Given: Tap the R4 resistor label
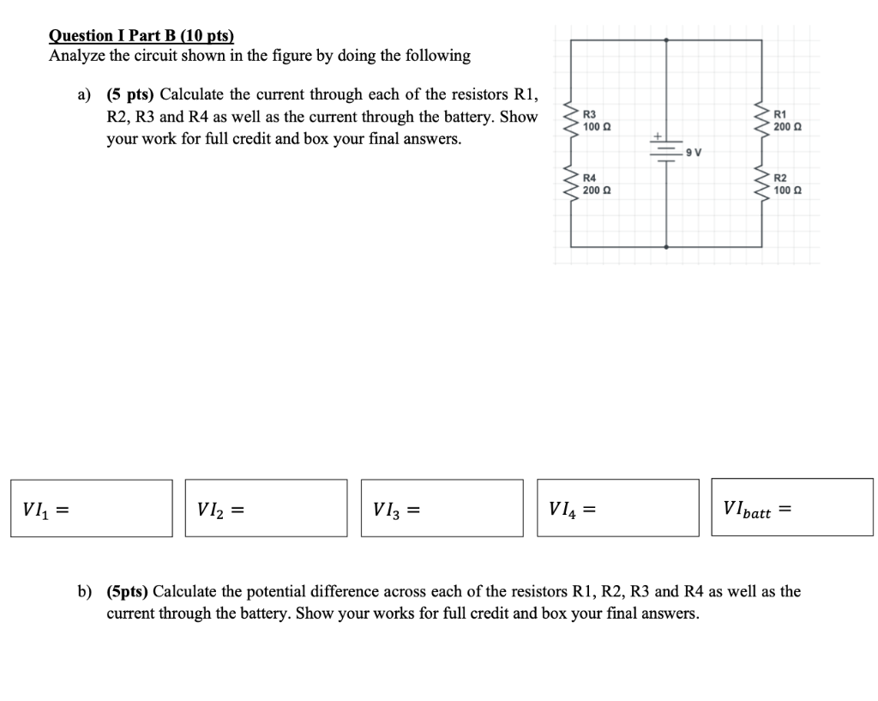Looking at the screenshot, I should tap(590, 178).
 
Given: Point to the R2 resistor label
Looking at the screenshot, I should tap(779, 178).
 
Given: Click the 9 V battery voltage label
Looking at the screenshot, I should tap(694, 153).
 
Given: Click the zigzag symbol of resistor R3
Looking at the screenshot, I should tap(567, 121).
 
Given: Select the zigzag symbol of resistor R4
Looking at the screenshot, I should tap(567, 183).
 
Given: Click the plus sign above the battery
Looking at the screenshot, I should tap(658, 136).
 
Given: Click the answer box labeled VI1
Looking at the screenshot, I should tap(92, 508).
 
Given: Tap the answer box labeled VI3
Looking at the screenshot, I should tap(442, 508).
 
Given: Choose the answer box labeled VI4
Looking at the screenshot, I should tap(618, 508).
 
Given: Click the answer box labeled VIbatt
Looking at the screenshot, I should tap(792, 508).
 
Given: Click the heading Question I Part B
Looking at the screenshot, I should tap(141, 35).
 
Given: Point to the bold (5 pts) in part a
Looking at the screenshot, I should tap(130, 94).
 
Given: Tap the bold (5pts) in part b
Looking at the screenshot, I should tap(128, 591).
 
